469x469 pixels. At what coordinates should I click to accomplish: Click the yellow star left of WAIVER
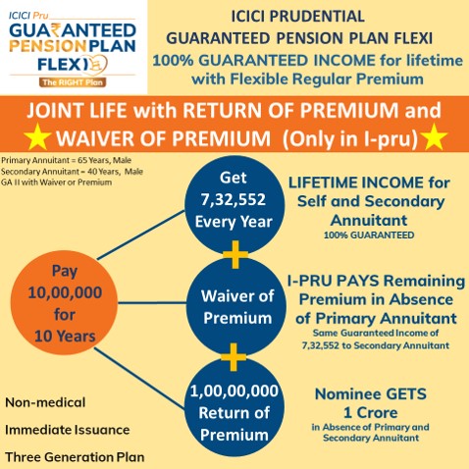point(37,137)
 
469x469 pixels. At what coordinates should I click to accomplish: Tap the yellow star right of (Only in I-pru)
point(434,137)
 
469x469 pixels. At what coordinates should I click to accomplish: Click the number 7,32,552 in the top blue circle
point(234,200)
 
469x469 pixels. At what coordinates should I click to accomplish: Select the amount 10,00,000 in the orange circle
point(65,292)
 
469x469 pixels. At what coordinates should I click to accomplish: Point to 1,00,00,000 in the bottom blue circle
point(234,391)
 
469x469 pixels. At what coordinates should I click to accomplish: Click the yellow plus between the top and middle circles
point(235,254)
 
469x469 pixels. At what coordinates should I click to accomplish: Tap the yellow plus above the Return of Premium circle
point(234,357)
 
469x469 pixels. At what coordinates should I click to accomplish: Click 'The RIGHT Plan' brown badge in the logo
point(73,82)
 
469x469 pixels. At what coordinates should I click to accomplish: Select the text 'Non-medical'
point(45,402)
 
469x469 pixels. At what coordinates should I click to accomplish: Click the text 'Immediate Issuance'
point(68,430)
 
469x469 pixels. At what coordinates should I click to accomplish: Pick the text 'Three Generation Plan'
point(75,457)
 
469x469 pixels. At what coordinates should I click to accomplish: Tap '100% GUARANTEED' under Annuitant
point(369,234)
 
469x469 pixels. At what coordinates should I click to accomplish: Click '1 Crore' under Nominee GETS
point(371,413)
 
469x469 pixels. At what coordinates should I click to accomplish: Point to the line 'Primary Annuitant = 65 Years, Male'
point(66,160)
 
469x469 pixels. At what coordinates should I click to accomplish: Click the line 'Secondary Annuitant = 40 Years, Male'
point(72,172)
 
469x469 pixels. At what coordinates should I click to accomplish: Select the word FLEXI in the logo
point(63,64)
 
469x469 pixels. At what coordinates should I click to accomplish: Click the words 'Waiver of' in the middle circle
point(237,296)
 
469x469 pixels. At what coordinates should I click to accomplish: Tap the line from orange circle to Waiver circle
point(152,303)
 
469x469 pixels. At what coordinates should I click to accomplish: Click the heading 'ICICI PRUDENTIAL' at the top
point(298,17)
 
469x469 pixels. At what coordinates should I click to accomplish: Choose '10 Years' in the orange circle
point(65,337)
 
